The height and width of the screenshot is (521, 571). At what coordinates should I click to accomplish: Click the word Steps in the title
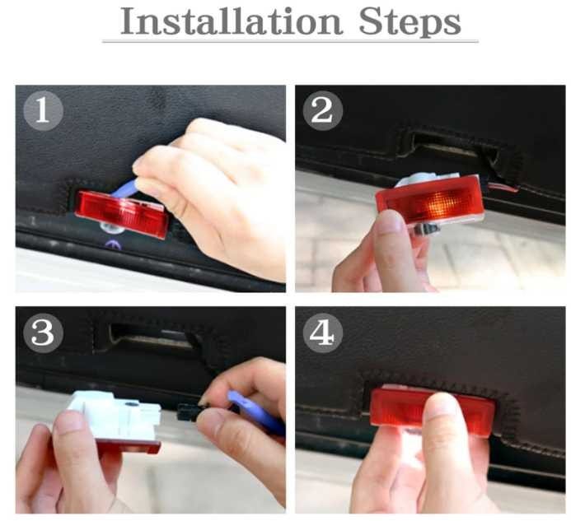[x=410, y=22]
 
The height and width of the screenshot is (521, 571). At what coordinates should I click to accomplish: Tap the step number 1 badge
[x=44, y=110]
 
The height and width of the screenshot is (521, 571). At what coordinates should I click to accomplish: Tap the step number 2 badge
[x=323, y=110]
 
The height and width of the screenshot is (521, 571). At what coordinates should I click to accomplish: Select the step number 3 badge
[x=44, y=333]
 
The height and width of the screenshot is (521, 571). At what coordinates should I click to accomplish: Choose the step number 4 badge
[x=323, y=333]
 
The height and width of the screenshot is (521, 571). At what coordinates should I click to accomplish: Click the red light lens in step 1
[x=123, y=214]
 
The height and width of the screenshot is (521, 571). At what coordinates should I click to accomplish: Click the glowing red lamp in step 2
[x=430, y=201]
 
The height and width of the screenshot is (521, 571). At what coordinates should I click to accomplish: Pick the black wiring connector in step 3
[x=190, y=412]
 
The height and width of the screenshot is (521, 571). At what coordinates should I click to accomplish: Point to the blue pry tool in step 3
[x=255, y=412]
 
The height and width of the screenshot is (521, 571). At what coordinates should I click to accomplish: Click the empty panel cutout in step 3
[x=152, y=337]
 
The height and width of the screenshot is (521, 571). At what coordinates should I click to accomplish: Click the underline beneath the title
[x=290, y=42]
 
